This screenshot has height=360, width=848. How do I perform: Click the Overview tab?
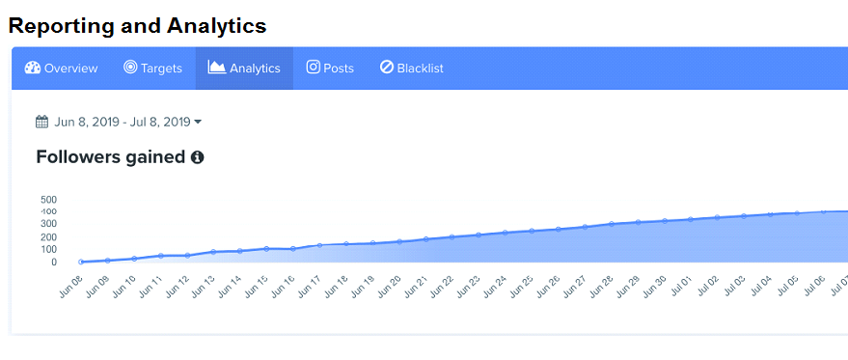(x=61, y=69)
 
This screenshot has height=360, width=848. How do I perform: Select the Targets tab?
(x=152, y=69)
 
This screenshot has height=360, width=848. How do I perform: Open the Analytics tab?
(x=244, y=69)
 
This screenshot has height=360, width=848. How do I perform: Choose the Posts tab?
(x=330, y=69)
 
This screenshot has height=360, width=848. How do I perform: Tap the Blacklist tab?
(x=412, y=69)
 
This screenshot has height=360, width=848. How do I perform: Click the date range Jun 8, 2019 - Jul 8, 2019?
(x=123, y=122)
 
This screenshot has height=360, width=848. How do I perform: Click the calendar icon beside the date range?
(x=41, y=122)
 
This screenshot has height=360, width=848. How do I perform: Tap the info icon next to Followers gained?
(x=197, y=156)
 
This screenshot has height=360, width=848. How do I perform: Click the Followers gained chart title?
(x=110, y=156)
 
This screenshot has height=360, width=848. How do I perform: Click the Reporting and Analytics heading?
(x=137, y=26)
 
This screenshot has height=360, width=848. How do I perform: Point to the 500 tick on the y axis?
(x=49, y=200)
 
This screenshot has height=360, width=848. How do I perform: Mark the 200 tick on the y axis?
(x=49, y=236)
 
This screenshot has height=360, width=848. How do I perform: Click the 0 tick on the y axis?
(x=54, y=262)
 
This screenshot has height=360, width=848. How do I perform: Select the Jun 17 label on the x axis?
(x=310, y=287)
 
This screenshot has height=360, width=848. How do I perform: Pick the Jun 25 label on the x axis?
(x=523, y=287)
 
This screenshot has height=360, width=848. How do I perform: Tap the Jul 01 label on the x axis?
(x=682, y=287)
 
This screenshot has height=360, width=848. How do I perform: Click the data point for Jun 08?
(x=81, y=262)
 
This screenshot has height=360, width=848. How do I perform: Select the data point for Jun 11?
(x=161, y=256)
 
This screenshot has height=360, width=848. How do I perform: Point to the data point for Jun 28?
(x=612, y=224)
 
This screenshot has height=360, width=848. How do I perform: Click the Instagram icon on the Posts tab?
(x=313, y=68)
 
